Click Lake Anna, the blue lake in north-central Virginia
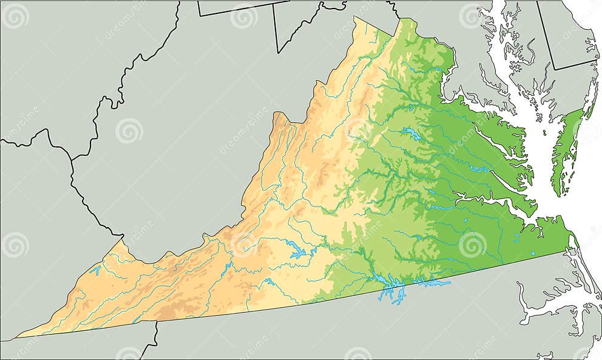click(410, 134)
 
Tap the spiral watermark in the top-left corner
click(15, 16)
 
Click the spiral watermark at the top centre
click(243, 16)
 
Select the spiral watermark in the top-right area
click(472, 16)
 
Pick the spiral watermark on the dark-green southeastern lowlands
click(472, 244)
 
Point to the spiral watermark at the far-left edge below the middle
click(15, 244)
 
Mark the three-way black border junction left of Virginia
click(72, 160)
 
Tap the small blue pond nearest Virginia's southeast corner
click(532, 253)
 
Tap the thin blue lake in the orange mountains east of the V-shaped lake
click(225, 270)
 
